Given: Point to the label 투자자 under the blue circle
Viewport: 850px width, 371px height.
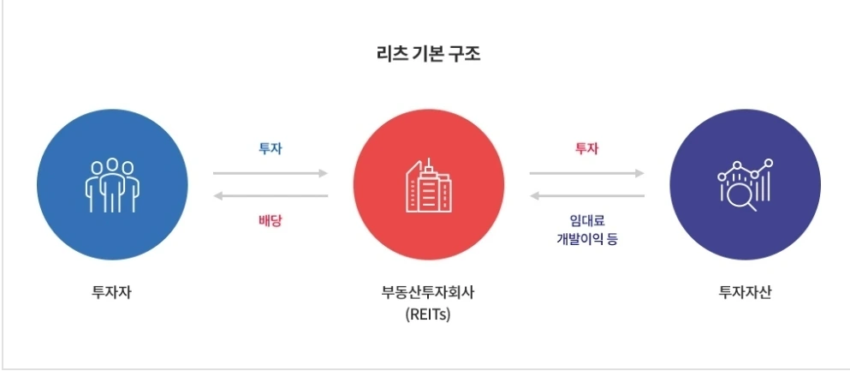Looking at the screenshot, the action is [x=112, y=291].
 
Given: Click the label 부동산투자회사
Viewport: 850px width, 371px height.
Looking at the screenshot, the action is [x=428, y=291].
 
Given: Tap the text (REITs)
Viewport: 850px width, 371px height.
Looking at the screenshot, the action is [x=428, y=314].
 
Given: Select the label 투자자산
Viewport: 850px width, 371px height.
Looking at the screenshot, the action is [x=745, y=291].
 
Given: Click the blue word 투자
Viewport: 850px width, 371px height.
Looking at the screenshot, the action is [x=270, y=148].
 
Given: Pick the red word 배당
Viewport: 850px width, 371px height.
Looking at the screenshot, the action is [x=270, y=220].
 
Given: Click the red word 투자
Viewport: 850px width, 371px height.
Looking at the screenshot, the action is [x=586, y=148].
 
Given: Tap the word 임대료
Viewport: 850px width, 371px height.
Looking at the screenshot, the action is [x=587, y=219].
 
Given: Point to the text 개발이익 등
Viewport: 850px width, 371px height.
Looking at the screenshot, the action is [x=587, y=238].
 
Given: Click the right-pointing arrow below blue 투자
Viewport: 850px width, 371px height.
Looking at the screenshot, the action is [x=270, y=173].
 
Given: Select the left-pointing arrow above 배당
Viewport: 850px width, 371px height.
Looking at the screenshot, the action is [x=270, y=196].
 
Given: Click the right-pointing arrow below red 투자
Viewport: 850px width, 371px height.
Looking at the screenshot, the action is [x=587, y=173].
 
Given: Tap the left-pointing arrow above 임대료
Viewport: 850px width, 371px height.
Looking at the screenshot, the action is [x=587, y=196].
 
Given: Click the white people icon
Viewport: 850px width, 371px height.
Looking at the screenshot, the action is [x=112, y=184].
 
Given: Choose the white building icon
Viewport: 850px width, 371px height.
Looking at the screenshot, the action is [x=428, y=187].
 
